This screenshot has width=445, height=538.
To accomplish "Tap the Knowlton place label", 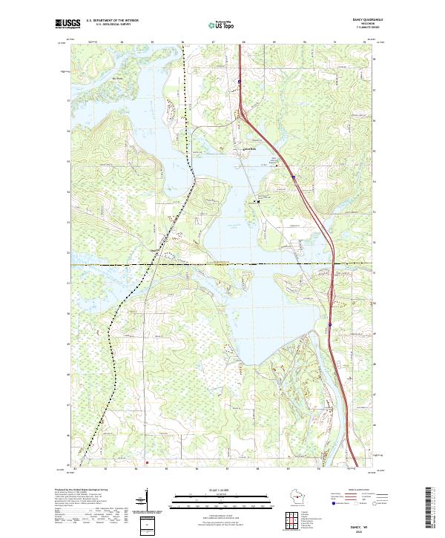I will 250,148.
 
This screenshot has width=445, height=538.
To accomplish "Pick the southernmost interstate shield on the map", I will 329,324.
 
